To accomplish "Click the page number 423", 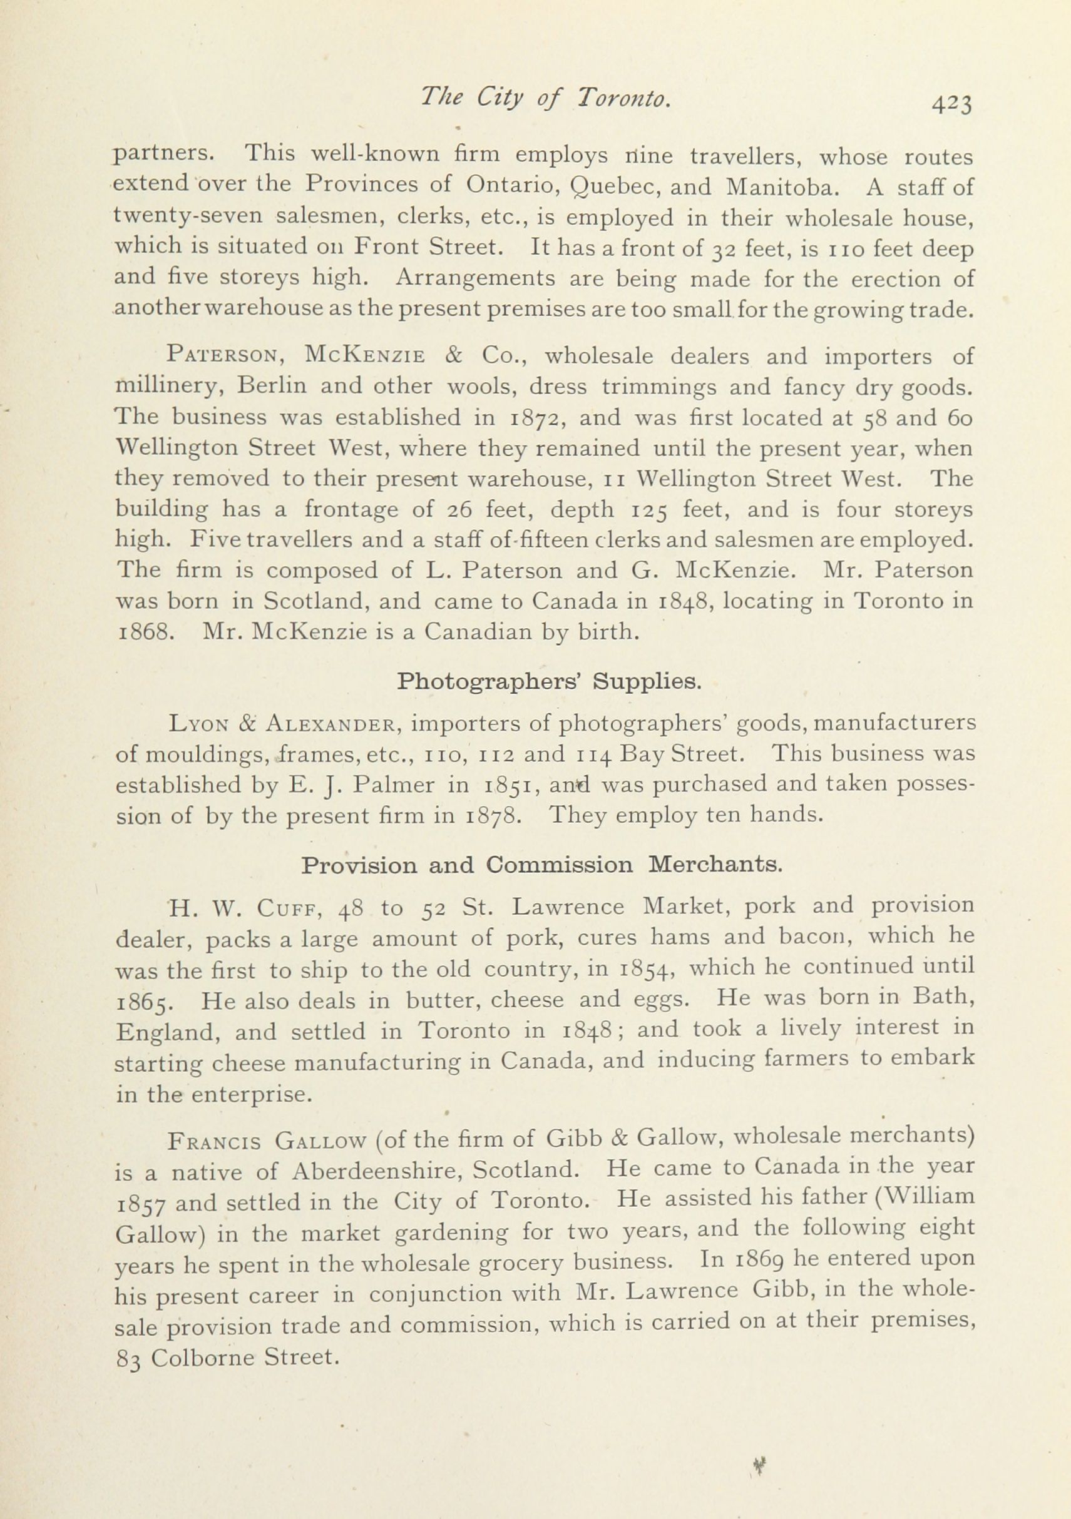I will [x=952, y=104].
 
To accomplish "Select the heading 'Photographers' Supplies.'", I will [x=549, y=681].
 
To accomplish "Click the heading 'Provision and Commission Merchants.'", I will [x=538, y=865].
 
